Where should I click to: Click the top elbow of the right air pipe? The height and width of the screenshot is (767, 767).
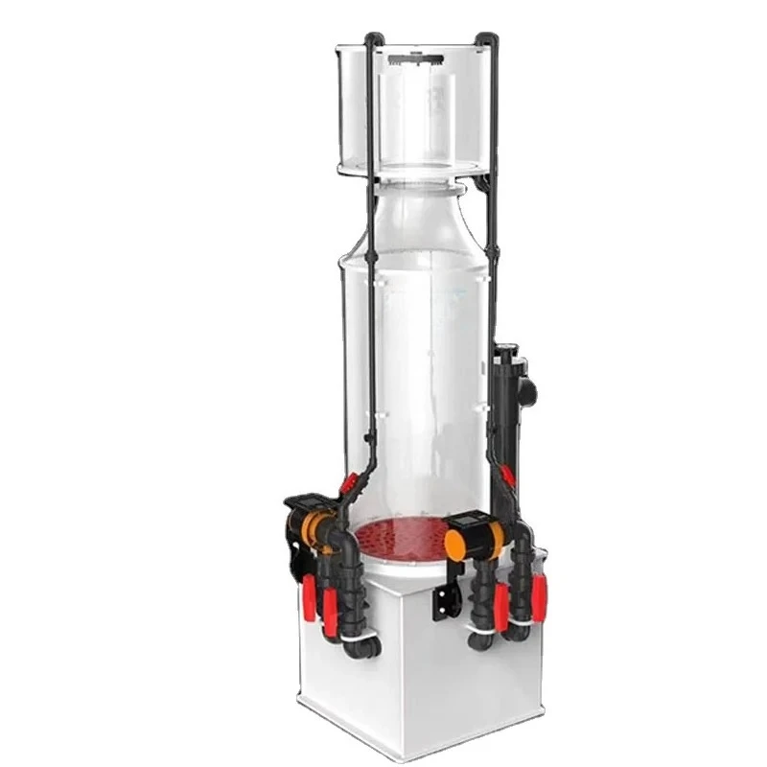point(489,41)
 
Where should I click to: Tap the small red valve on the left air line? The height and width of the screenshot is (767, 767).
point(349,484)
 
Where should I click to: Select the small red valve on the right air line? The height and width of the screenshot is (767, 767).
point(506,475)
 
